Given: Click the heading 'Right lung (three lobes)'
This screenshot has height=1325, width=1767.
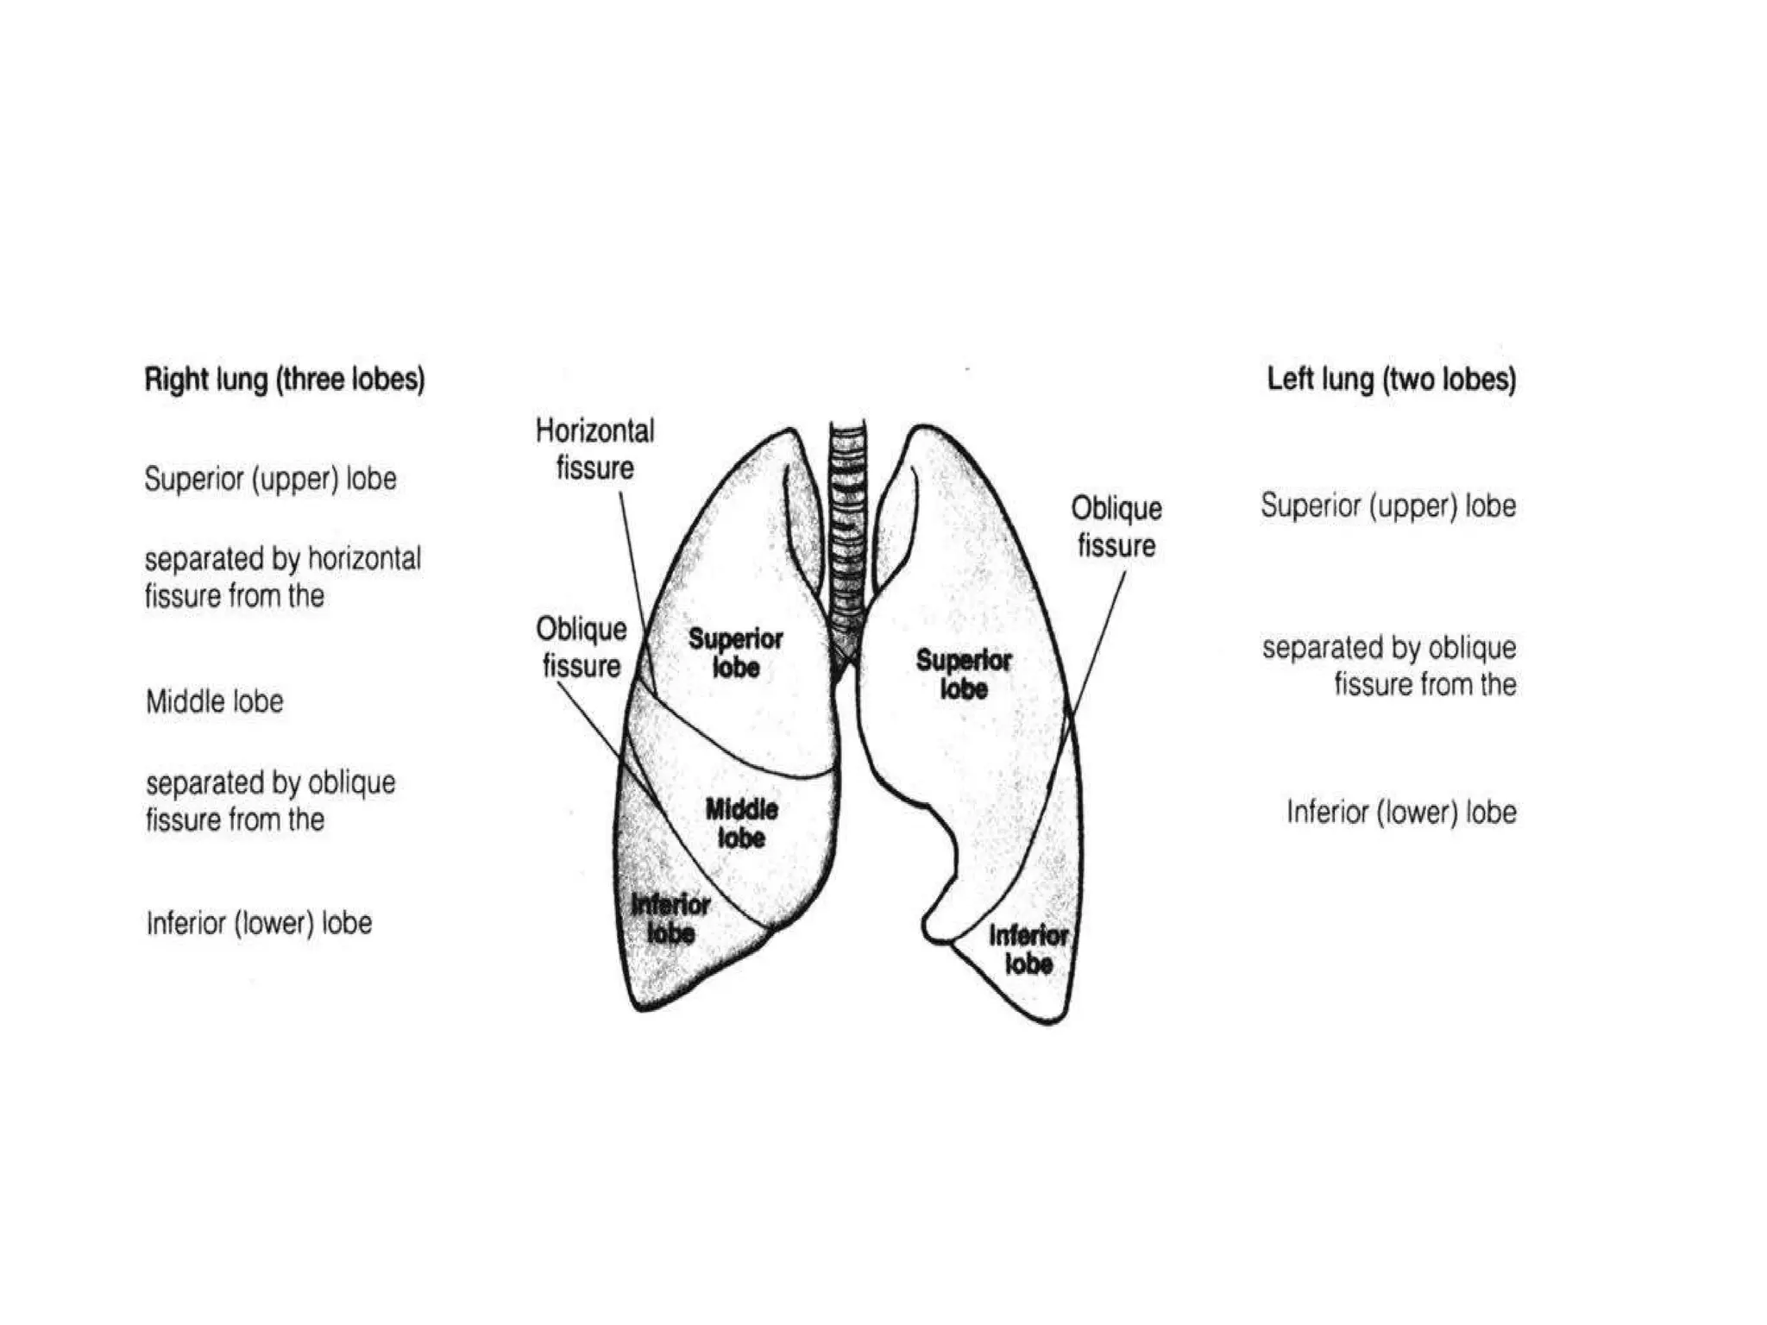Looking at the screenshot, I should (x=284, y=380).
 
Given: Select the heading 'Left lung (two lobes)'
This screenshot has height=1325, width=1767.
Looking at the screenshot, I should (x=1391, y=380).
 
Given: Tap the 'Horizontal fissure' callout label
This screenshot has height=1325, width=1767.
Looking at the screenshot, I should (x=594, y=449).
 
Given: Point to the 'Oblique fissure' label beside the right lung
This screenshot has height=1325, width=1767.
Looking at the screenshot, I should (x=581, y=647).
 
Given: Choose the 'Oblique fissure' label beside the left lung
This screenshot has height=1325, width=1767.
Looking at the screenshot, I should (x=1116, y=526).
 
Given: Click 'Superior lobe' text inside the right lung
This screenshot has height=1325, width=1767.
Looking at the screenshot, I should (x=735, y=653).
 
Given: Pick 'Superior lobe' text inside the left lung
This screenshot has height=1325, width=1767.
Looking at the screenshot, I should (x=963, y=675).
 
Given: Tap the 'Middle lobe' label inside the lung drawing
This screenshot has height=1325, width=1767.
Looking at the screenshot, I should (x=741, y=823).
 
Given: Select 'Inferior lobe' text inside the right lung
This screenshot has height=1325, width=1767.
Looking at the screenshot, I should (x=670, y=919).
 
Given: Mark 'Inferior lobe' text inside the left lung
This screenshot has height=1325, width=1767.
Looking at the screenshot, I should (x=1028, y=949).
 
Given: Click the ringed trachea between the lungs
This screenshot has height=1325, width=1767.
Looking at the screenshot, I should (x=847, y=535).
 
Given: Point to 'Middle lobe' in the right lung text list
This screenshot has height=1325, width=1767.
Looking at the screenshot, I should (x=214, y=701).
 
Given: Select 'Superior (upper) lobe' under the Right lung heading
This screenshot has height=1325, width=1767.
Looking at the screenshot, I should (x=270, y=479).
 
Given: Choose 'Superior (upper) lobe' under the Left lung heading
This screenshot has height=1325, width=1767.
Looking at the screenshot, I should (x=1387, y=506).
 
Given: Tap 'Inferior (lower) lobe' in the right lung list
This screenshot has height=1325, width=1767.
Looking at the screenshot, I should (x=259, y=923).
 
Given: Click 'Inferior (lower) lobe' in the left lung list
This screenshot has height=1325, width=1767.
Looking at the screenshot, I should (x=1401, y=812).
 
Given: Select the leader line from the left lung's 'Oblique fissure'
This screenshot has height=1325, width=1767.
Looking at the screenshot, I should (x=1097, y=638).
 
